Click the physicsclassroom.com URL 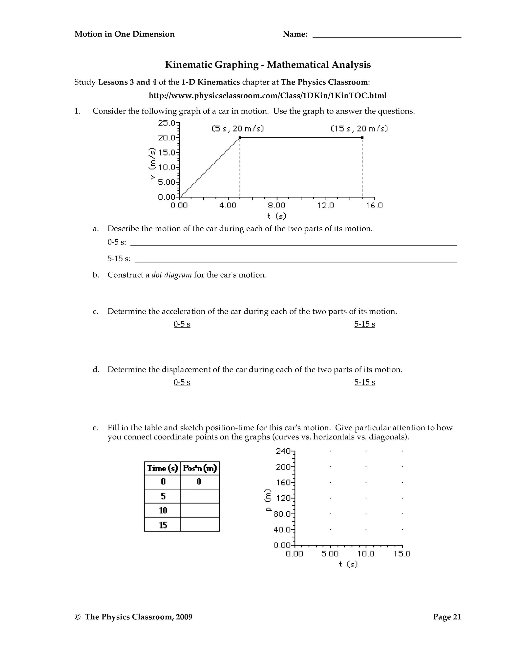pos(267,96)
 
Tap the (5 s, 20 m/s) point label pos(237,129)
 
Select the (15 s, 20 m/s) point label pos(359,129)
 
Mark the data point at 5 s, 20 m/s pos(240,138)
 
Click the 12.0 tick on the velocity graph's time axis pos(325,206)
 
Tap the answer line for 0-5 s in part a pos(294,243)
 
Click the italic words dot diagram pos(171,275)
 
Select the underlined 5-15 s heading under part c pos(364,324)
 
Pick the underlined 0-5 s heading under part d pos(182,382)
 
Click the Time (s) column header pos(163,468)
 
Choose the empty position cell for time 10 pos(200,510)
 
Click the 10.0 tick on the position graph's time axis pos(366,554)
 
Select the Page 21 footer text pos(447,617)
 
